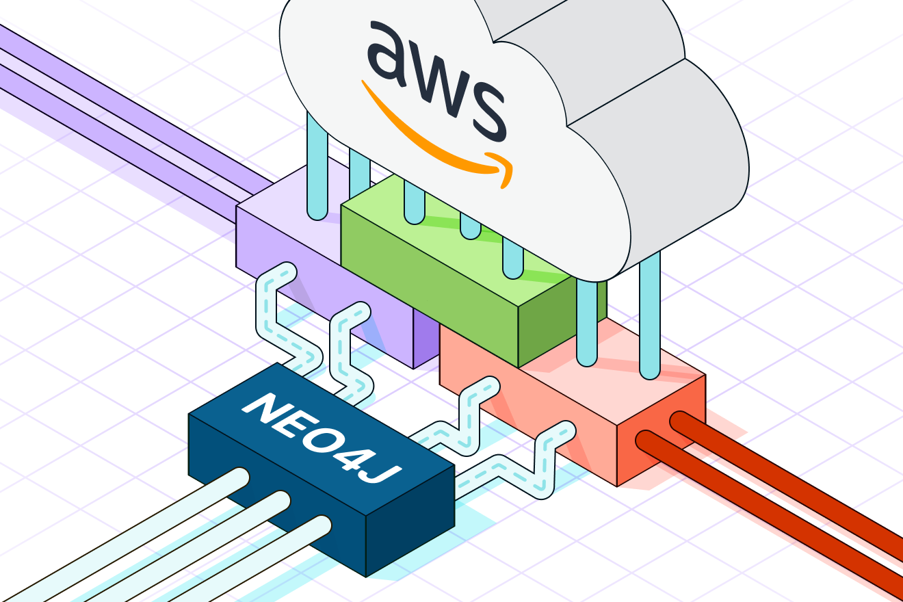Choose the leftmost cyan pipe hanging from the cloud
(317, 171)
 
